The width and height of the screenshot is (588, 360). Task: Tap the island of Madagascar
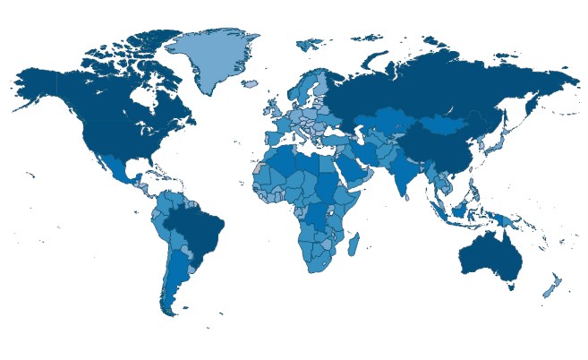tap(352, 245)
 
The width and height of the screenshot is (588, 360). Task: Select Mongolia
tap(444, 125)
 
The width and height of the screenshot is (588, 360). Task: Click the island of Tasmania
tap(511, 286)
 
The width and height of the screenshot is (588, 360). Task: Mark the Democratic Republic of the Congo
tap(318, 215)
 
